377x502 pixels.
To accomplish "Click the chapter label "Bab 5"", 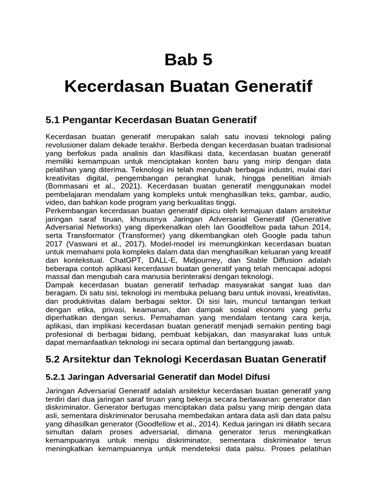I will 188,60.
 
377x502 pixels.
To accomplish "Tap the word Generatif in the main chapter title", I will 269,88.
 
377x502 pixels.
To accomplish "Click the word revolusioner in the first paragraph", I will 68,145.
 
